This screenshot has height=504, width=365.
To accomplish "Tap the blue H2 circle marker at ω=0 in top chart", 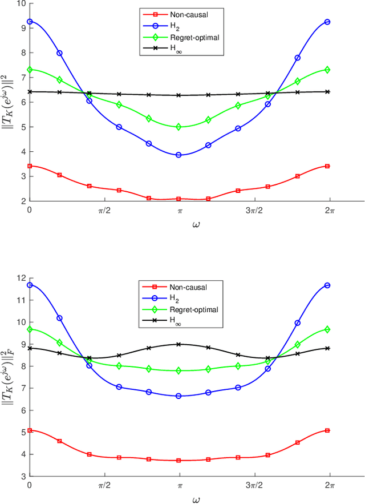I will pos(30,22).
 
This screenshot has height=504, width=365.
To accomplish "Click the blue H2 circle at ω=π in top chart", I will pos(179,155).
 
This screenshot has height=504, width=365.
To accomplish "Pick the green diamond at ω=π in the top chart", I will pos(179,127).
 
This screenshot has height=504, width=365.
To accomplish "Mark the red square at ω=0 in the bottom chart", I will pos(30,430).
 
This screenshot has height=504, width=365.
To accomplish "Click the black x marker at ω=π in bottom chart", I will pos(179,344).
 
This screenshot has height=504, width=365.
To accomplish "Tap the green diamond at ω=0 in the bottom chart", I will pos(30,329).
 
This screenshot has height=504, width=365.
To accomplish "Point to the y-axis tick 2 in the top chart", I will pos(23,201).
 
